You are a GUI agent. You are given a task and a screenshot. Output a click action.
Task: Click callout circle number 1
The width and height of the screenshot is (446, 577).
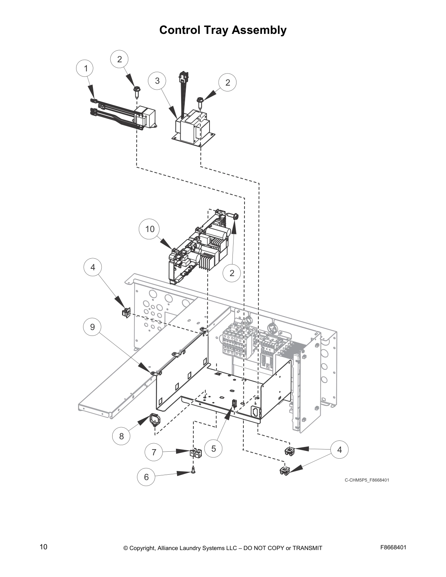86,68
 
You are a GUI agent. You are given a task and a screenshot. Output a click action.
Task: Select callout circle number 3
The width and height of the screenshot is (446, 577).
157,81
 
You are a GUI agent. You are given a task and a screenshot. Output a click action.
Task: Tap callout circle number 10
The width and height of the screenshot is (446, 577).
150,229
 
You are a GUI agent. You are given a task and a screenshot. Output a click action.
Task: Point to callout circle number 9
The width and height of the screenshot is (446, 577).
93,327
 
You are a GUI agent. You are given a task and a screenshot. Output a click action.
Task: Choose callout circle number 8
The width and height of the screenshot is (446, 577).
122,436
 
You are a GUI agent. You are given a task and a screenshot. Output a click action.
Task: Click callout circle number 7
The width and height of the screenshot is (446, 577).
154,452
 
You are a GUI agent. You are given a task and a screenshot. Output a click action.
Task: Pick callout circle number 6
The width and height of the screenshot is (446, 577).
146,477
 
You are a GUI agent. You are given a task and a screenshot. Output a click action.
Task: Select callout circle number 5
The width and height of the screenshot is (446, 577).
214,449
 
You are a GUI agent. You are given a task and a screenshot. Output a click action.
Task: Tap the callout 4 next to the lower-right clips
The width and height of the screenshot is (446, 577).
340,450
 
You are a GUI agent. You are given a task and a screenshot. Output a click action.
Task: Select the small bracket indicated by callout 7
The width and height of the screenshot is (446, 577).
196,453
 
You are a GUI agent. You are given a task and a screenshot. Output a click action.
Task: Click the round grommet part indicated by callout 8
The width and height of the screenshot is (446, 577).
155,420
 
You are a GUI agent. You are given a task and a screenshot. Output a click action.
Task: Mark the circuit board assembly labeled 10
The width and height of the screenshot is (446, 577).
199,248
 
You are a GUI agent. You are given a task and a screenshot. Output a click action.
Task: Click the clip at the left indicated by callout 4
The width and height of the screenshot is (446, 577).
126,313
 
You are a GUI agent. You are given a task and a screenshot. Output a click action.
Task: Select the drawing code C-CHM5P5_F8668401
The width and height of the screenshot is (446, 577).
367,480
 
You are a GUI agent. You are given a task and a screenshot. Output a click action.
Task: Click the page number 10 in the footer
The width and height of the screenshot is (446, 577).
43,547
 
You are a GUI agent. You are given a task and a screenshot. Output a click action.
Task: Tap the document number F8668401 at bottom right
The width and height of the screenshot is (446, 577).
393,547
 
